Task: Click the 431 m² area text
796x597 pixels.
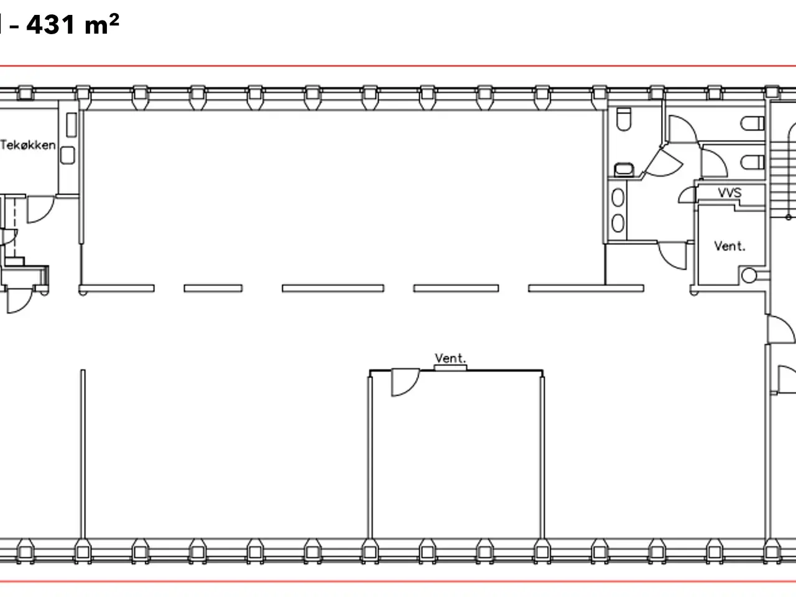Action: pos(73,24)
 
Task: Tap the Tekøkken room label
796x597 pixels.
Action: pos(28,145)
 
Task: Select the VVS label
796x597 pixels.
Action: pos(729,193)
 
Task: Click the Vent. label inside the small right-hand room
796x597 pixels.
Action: pos(729,246)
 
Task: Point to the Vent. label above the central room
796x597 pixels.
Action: pos(450,358)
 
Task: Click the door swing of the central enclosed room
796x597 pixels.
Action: pos(405,382)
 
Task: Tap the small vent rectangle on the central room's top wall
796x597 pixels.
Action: pos(450,368)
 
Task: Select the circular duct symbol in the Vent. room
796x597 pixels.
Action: pos(749,275)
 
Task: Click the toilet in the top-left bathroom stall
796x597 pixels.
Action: pos(624,119)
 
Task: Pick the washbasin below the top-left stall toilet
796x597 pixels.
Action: pos(624,169)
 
